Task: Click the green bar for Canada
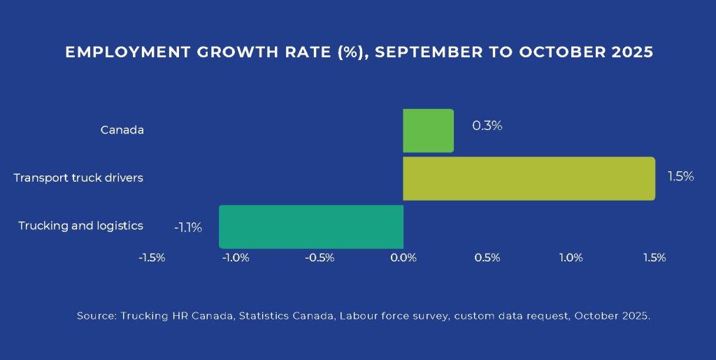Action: pyautogui.click(x=428, y=131)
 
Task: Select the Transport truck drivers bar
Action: pyautogui.click(x=529, y=178)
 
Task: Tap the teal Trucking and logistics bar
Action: pyautogui.click(x=311, y=226)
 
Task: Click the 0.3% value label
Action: pyautogui.click(x=487, y=127)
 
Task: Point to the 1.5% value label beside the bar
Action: pyautogui.click(x=680, y=177)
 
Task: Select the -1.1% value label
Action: pyautogui.click(x=188, y=226)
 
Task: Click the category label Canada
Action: pyautogui.click(x=122, y=130)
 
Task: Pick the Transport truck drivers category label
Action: pyautogui.click(x=78, y=178)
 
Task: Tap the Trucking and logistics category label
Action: pyautogui.click(x=80, y=226)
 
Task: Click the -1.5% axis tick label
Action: pyautogui.click(x=152, y=258)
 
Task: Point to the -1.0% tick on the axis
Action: pyautogui.click(x=236, y=258)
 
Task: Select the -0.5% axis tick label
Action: pyautogui.click(x=320, y=258)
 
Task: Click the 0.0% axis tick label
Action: pyautogui.click(x=403, y=258)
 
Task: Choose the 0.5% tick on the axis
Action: pyautogui.click(x=487, y=258)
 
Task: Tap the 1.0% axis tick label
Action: pyautogui.click(x=571, y=258)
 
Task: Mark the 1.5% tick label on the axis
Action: pyautogui.click(x=654, y=258)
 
